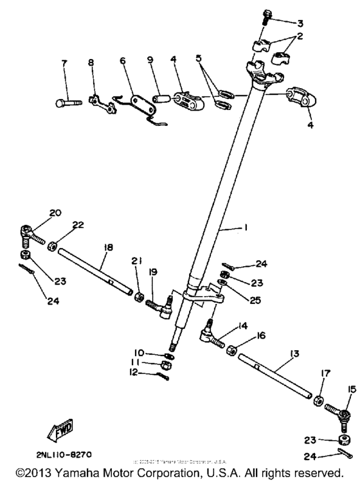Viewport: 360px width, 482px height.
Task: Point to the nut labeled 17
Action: click(x=319, y=401)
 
